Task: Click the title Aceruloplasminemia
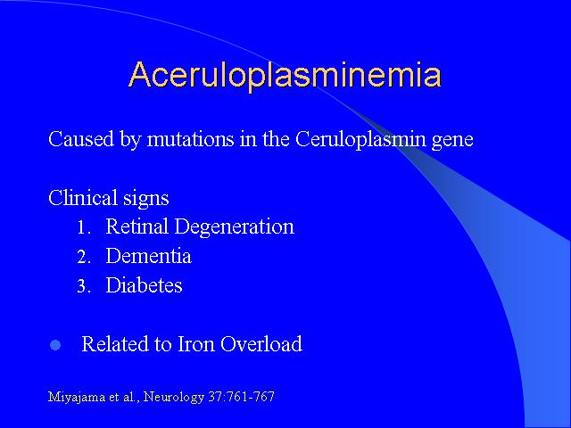(285, 75)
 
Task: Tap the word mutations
(190, 139)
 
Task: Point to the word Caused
(81, 139)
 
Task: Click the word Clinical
(83, 198)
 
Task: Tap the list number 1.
(83, 228)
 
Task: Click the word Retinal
(137, 226)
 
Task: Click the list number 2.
(83, 258)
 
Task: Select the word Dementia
(149, 256)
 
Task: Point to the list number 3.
(83, 286)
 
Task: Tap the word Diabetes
(145, 285)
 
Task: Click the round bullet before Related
(55, 345)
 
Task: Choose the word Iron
(196, 344)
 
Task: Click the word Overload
(261, 344)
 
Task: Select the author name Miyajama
(77, 397)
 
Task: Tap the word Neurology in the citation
(174, 397)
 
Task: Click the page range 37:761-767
(242, 396)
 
